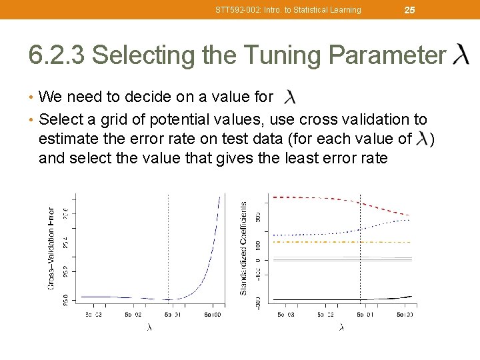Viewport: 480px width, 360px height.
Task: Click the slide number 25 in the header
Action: pos(410,10)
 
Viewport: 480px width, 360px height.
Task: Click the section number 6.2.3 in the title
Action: pos(57,55)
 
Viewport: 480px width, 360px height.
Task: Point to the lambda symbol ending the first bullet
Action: pos(289,97)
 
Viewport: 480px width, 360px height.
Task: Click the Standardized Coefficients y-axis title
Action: pos(243,249)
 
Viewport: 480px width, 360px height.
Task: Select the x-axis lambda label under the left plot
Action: pos(149,327)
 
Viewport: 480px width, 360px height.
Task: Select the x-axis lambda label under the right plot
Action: pos(341,327)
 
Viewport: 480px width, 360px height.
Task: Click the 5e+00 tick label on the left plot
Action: pos(213,314)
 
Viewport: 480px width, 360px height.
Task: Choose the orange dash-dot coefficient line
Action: pos(333,241)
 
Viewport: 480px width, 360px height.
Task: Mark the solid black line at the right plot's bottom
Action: pos(333,299)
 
